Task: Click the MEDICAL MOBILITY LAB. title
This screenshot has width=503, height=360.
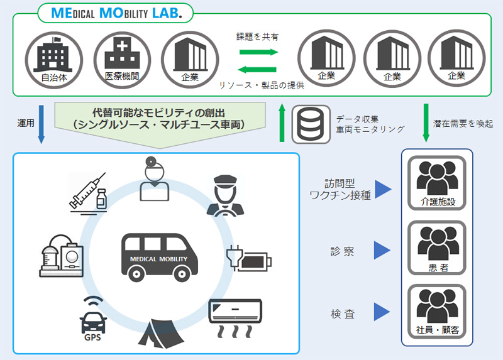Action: [114, 13]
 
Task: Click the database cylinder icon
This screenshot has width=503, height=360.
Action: [311, 124]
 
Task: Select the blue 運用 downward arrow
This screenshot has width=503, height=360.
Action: [41, 124]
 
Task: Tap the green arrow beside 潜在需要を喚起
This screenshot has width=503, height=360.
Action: [426, 123]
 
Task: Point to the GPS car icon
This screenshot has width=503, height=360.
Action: [92, 318]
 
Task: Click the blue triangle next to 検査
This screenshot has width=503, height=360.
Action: [382, 312]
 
